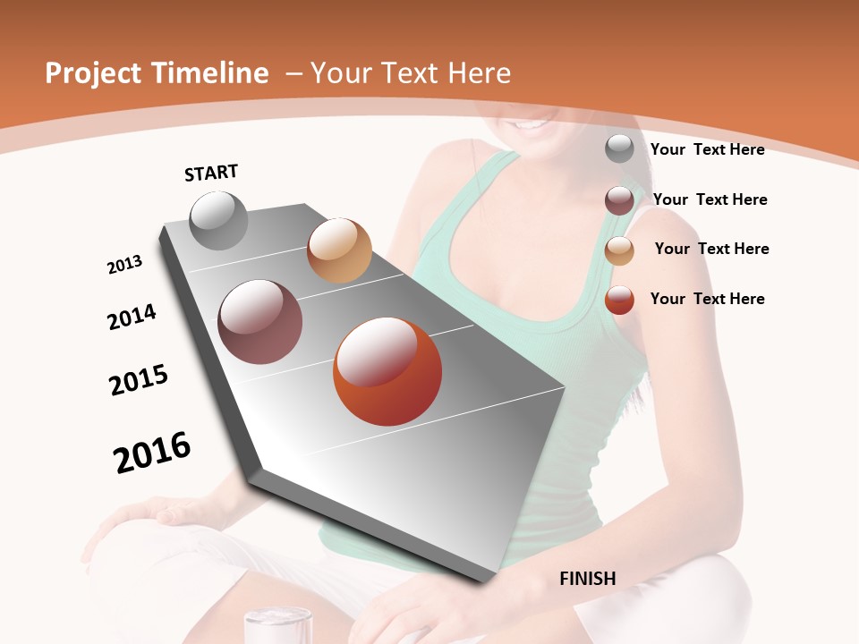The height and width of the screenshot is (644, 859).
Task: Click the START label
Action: coord(211,172)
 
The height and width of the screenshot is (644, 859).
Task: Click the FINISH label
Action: coord(587,579)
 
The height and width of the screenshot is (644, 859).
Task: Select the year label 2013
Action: coord(124,265)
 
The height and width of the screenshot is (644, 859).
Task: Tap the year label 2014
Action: coord(132,317)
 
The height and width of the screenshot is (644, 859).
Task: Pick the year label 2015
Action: coord(139,380)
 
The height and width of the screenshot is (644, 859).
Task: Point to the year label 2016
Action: coord(152,453)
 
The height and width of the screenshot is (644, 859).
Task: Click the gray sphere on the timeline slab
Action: coord(218,220)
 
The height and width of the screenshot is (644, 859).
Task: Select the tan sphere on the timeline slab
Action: coord(339,250)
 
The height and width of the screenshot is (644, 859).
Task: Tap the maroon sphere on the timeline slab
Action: coord(259,322)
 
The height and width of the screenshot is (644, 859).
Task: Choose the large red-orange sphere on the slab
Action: coord(387,371)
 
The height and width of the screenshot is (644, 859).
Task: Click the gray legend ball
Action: coord(619,148)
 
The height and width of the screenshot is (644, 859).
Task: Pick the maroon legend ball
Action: coord(619,200)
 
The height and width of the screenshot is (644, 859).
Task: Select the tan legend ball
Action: coord(619,250)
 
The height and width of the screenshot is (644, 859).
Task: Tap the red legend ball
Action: coord(619,300)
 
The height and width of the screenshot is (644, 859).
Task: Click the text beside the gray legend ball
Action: coord(707,149)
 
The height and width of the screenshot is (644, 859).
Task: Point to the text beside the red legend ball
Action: coord(707,299)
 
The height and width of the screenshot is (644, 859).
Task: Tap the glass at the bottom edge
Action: coord(277,625)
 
